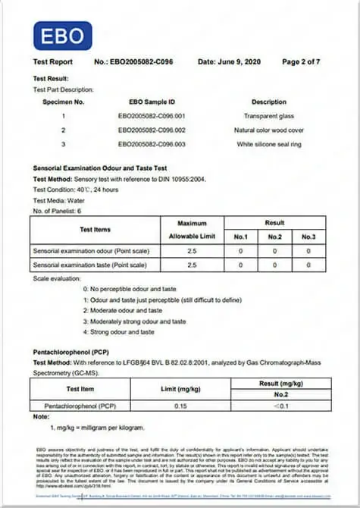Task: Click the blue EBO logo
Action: [62, 36]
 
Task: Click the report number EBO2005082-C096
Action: [136, 61]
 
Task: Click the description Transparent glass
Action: [269, 116]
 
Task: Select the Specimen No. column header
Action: [64, 101]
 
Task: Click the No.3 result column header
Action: [308, 237]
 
